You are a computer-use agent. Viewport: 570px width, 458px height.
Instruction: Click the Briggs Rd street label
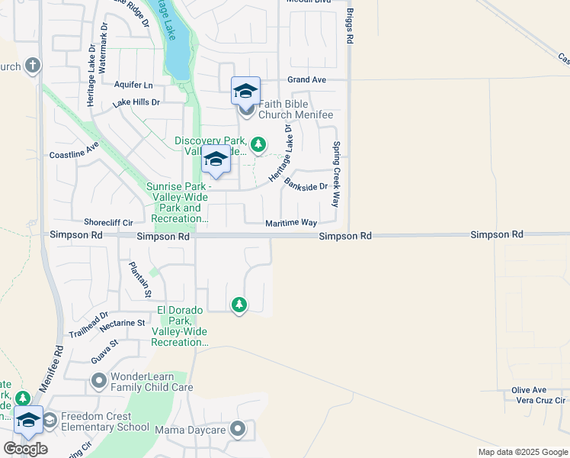[350, 26]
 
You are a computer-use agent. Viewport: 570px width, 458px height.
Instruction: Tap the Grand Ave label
[306, 79]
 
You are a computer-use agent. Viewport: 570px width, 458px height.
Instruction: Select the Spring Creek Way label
[335, 174]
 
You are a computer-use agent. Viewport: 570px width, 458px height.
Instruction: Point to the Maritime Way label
[290, 223]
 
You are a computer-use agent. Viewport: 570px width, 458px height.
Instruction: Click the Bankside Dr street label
[306, 184]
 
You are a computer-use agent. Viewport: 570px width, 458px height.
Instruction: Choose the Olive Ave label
[529, 389]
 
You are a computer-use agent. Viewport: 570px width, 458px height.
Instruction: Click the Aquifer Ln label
[133, 85]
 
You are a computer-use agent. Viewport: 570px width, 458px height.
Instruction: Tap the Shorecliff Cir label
[108, 222]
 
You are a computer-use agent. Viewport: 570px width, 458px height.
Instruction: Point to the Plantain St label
[140, 279]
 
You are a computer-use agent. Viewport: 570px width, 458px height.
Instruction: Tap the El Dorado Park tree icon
[239, 305]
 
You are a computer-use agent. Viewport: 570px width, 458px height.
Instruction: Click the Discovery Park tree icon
[258, 144]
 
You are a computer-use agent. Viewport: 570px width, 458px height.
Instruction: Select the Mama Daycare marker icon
[239, 430]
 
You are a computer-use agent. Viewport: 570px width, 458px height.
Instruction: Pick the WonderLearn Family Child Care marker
[98, 379]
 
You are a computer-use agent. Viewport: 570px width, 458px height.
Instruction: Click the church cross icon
[32, 66]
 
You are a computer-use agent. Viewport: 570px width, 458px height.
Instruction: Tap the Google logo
[25, 449]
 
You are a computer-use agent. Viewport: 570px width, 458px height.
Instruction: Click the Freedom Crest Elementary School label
[105, 421]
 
